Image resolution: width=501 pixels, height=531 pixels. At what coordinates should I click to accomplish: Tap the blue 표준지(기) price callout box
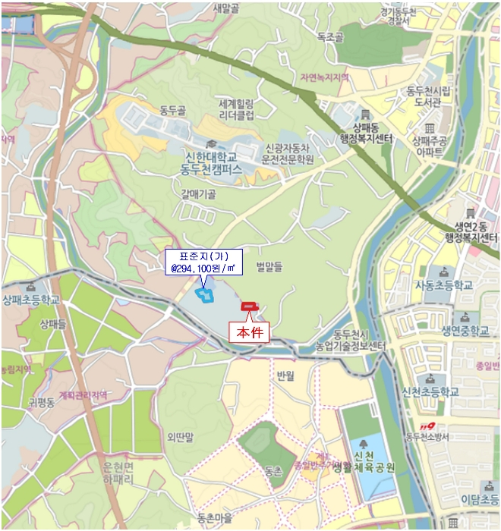(x=202, y=262)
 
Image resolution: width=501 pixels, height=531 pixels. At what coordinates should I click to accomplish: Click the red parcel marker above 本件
(x=249, y=306)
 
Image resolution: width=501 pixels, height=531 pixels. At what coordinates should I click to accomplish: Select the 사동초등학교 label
(x=444, y=285)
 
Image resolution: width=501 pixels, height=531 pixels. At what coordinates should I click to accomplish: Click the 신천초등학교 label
(x=430, y=392)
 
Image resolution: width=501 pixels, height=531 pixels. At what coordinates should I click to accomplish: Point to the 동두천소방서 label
(x=427, y=436)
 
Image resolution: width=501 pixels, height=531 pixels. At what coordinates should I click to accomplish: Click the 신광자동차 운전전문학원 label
(x=288, y=153)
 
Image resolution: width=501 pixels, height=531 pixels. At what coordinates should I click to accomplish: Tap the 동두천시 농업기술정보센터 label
(x=351, y=341)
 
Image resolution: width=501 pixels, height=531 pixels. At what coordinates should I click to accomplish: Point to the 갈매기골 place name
(x=199, y=194)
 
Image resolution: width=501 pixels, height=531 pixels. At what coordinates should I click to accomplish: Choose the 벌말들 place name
(x=268, y=265)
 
